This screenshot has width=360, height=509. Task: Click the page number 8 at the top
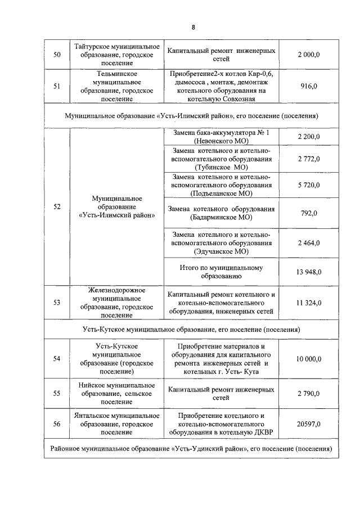click(193, 26)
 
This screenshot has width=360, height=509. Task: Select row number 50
click(57, 55)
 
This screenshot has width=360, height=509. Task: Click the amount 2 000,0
click(309, 55)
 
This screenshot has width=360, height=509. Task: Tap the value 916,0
click(309, 86)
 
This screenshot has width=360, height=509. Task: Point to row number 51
click(57, 86)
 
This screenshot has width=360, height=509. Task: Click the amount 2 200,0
click(309, 137)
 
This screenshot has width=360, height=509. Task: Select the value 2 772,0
click(309, 159)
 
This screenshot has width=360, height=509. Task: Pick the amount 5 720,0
click(309, 185)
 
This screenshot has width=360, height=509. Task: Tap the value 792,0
click(309, 213)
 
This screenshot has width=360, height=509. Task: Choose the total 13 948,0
click(309, 272)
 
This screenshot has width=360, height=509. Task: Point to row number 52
click(57, 206)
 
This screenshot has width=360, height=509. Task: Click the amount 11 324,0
click(309, 303)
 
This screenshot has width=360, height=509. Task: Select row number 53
click(57, 303)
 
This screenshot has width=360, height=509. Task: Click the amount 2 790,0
click(309, 393)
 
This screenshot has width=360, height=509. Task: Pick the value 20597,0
click(309, 424)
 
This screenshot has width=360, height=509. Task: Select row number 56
click(57, 424)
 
